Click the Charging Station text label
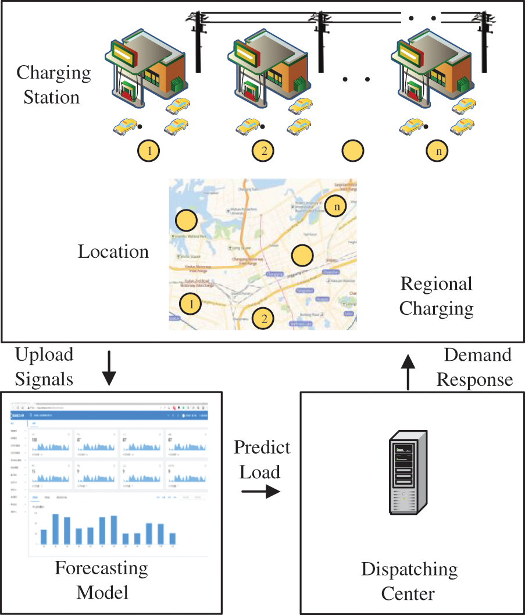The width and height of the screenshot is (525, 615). coord(53,85)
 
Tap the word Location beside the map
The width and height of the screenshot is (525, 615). coord(113,252)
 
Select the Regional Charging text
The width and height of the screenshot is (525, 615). coord(436,296)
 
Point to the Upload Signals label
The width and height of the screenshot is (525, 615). coord(44,367)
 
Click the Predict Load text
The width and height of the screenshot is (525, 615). coord(262,459)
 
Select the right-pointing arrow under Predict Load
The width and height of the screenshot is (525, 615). coord(260,492)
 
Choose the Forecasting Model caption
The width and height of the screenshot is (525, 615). coord(102,580)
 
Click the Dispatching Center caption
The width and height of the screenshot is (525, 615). coord(409,581)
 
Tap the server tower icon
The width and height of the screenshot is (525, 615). coord(410,472)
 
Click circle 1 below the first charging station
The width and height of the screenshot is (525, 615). coord(149,151)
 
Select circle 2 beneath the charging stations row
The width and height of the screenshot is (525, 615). coord(263,151)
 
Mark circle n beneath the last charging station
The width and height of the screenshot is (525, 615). coord(437,151)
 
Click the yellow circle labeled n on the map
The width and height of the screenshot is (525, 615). coord(336,205)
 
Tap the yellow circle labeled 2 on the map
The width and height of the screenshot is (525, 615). coord(264,318)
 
